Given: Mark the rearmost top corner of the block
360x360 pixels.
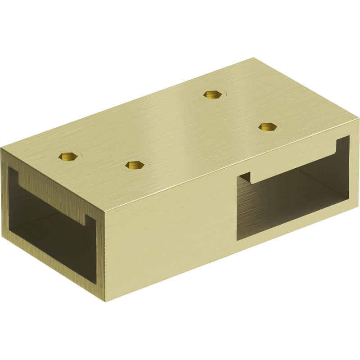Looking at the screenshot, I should coord(254,58).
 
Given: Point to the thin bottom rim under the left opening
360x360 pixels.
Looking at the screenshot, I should coord(49,265).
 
